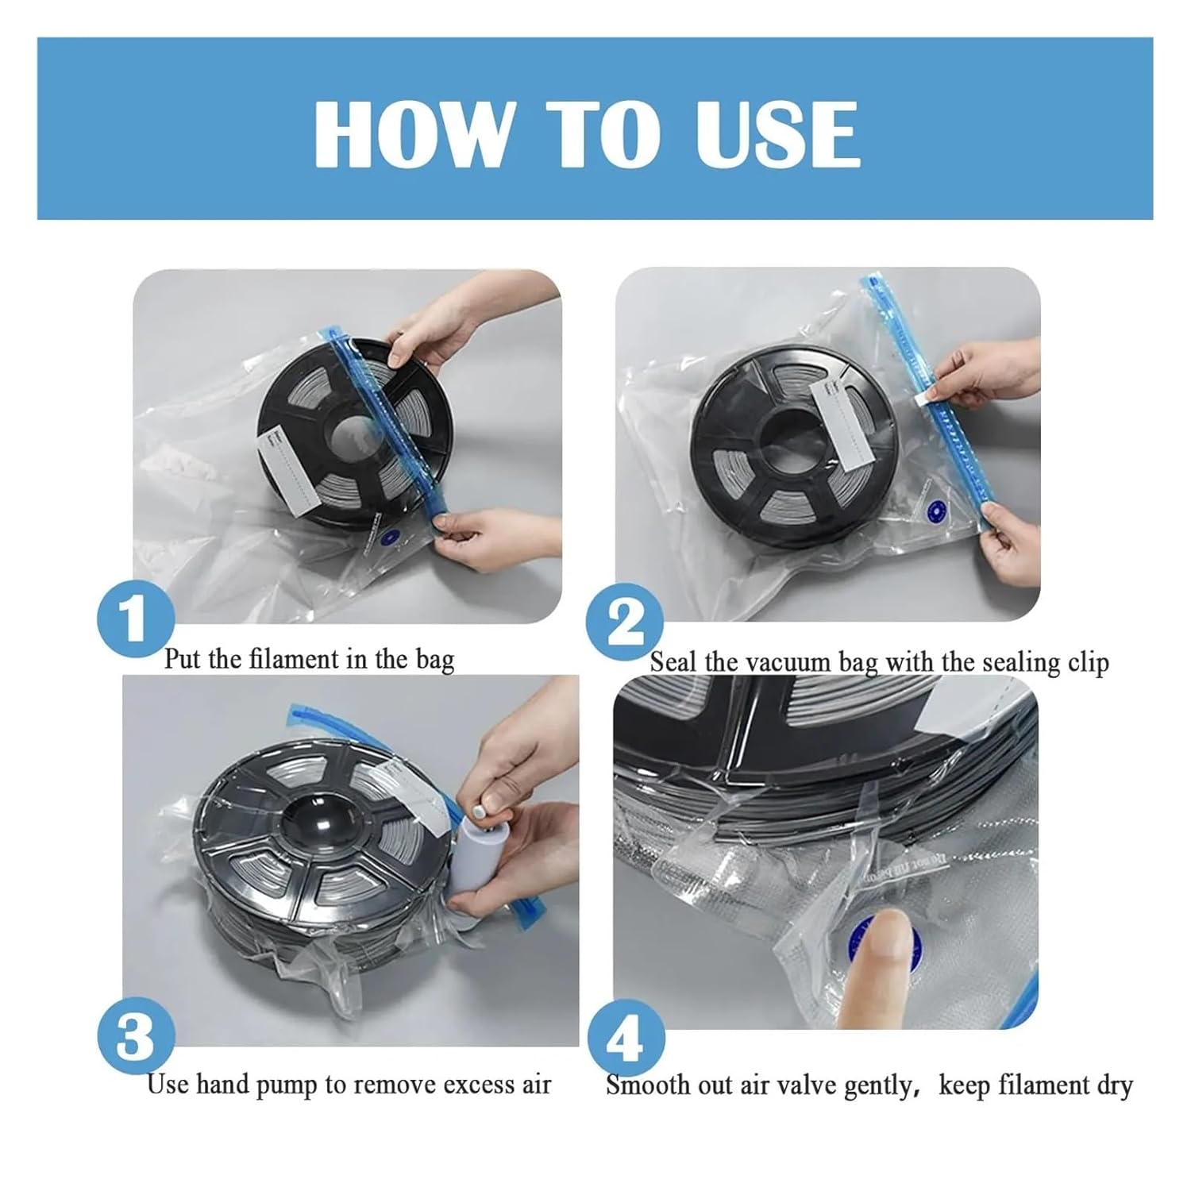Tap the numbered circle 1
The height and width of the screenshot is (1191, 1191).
click(136, 621)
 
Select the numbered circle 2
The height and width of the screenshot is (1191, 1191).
click(625, 624)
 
